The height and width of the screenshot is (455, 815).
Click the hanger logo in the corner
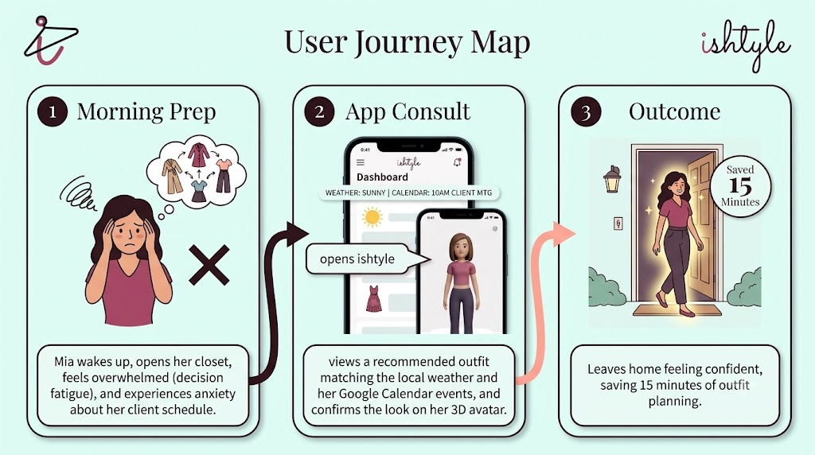point(49,41)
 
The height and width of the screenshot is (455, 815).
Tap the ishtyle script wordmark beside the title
point(746,45)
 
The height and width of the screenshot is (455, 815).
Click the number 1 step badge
point(53,111)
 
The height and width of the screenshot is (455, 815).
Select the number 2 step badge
point(319,111)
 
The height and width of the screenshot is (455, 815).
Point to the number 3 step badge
point(586,111)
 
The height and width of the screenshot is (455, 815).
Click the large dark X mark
point(209,266)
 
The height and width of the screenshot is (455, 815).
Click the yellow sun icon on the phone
point(372,217)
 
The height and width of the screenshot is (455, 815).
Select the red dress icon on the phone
point(374,298)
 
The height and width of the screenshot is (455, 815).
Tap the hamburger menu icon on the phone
point(361,162)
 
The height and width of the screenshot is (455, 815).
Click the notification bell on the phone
point(458,162)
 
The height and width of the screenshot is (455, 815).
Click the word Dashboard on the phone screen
point(382,177)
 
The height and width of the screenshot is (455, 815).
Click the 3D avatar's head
point(461,248)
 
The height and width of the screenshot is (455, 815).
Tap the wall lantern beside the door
point(612,179)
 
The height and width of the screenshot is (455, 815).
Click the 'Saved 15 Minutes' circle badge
point(740,185)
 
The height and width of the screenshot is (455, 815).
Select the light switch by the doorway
point(618,224)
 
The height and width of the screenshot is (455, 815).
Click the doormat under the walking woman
point(677,310)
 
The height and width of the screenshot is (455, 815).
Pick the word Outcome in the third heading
point(674,111)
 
